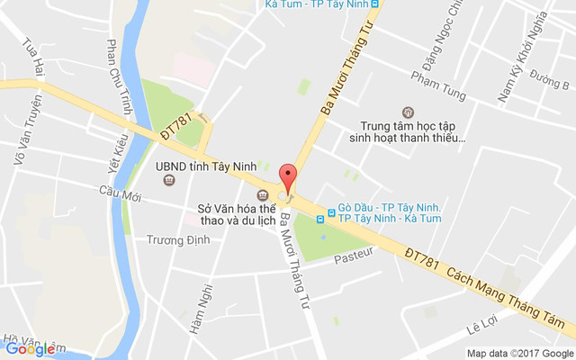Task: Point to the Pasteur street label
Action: pos(353,258)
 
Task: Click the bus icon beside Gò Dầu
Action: pos(331,213)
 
